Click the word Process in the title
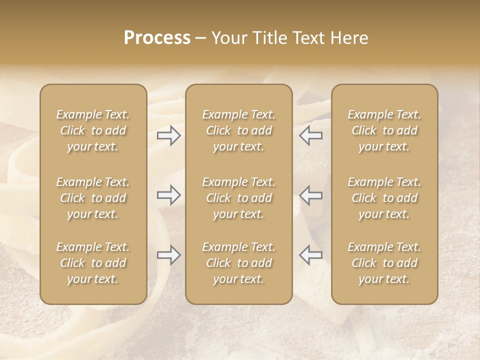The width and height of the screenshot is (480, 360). (157, 38)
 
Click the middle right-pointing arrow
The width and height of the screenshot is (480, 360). (169, 195)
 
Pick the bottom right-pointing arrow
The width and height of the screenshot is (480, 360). (169, 255)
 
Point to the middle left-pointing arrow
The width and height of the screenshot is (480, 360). (310, 195)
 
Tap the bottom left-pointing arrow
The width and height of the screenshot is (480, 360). (310, 255)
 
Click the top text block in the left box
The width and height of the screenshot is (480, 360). (93, 130)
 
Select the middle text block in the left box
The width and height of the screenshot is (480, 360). (93, 198)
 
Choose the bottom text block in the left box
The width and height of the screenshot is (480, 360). (93, 263)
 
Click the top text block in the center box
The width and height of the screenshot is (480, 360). (239, 130)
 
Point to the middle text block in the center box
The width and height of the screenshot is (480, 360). (239, 198)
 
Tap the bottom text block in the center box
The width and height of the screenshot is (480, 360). (239, 263)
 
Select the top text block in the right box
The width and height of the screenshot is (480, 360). (384, 130)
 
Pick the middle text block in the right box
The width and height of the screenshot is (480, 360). (384, 198)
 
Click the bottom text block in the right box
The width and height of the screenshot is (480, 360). (384, 263)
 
